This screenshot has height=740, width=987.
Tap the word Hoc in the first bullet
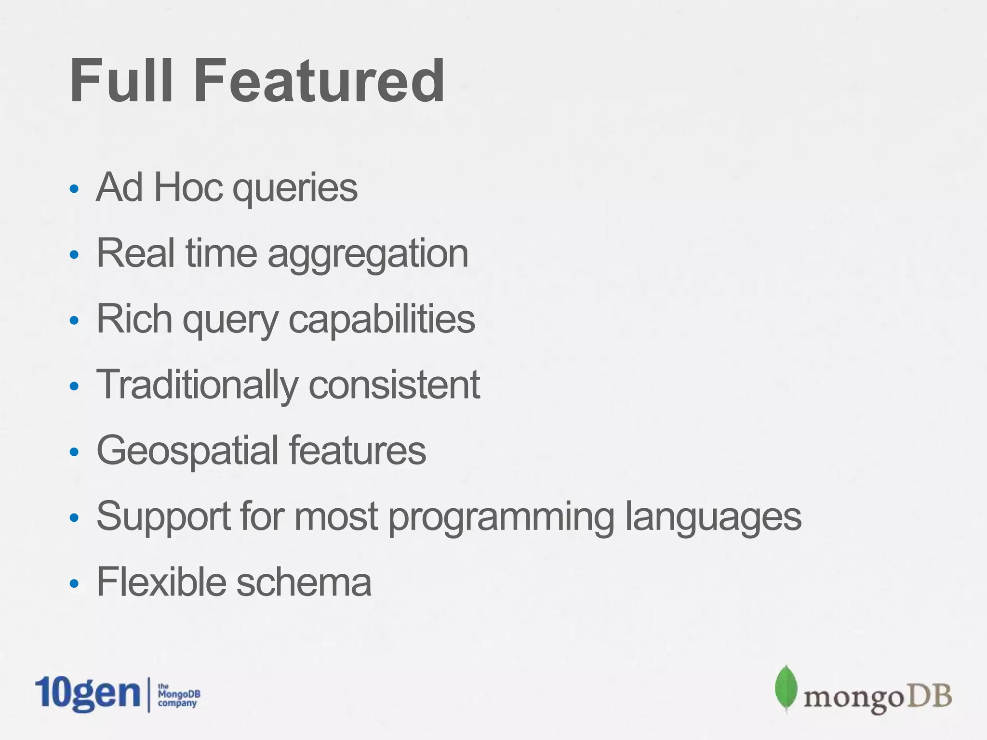(188, 187)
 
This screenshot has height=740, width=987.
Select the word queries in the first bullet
(295, 189)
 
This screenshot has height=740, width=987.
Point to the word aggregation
(368, 254)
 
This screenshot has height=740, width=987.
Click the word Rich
(134, 318)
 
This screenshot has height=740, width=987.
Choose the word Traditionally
(198, 385)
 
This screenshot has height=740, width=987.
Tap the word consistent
(394, 385)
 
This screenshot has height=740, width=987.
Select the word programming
(501, 517)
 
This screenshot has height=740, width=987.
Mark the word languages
(713, 517)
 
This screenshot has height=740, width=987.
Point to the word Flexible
(161, 582)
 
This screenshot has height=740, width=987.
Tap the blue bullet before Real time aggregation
(74, 255)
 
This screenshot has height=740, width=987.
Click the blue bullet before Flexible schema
(74, 584)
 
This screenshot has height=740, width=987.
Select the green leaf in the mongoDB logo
(786, 688)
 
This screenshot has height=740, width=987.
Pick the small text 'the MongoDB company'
(178, 695)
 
